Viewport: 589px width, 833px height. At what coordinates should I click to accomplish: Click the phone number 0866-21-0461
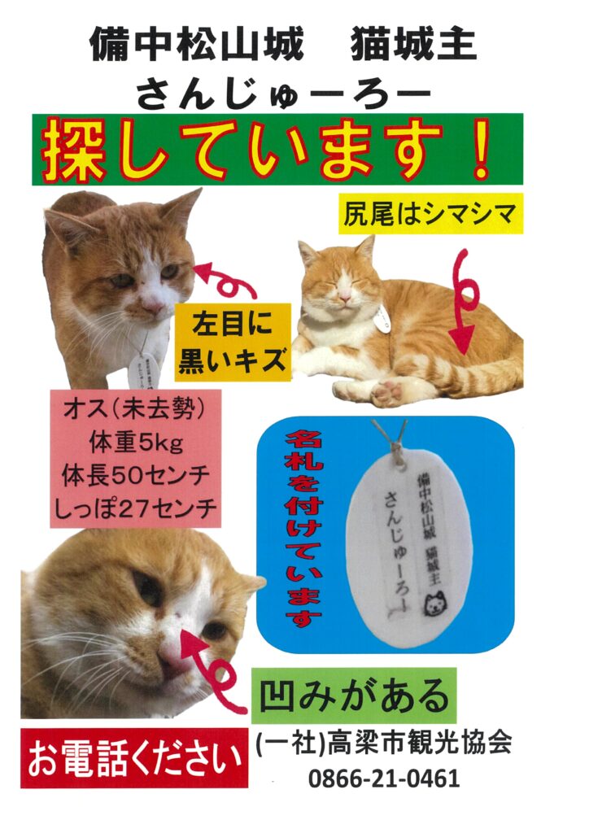(384, 778)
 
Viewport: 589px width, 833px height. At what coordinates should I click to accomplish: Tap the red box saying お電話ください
(134, 758)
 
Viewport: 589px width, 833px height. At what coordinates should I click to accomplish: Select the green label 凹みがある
(354, 696)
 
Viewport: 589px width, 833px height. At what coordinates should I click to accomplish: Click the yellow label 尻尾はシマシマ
(430, 214)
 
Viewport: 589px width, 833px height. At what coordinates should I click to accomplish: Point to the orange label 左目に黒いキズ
(233, 342)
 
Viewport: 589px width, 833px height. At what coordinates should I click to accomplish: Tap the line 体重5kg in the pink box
(136, 442)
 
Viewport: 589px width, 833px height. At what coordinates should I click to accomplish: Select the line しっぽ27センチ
(136, 508)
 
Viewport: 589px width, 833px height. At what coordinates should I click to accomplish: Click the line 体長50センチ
(136, 475)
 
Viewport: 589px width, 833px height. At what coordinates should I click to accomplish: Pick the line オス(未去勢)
(135, 409)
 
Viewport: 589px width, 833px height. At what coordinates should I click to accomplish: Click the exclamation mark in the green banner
(482, 148)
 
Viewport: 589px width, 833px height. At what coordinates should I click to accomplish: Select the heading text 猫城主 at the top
(413, 45)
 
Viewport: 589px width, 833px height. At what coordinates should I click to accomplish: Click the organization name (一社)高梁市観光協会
(384, 742)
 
